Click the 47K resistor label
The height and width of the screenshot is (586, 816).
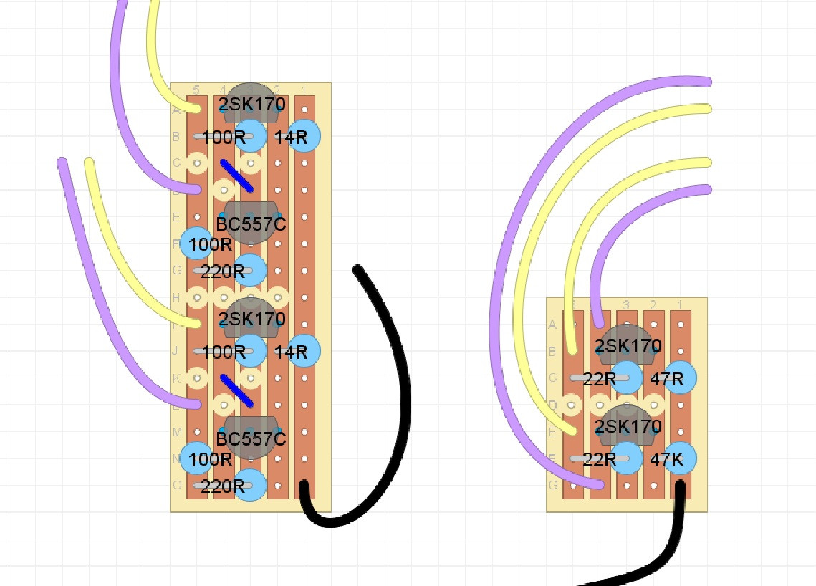click(x=667, y=459)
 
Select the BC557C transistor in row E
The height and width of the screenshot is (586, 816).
click(x=250, y=222)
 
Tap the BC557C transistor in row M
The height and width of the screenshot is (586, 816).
click(x=250, y=436)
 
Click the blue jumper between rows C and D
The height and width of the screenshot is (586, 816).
click(x=237, y=176)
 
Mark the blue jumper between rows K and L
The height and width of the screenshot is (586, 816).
click(x=237, y=390)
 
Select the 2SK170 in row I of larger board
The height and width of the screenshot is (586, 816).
click(x=251, y=318)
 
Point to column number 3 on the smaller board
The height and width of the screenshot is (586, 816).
click(x=626, y=305)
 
